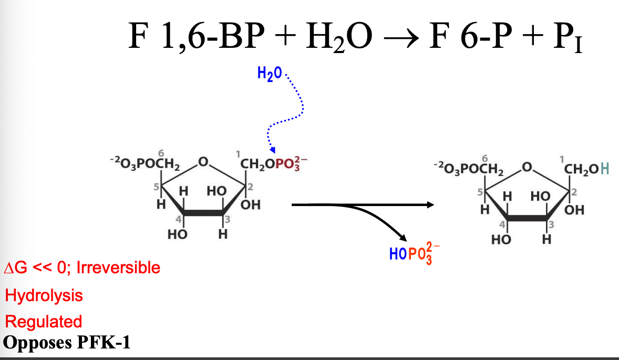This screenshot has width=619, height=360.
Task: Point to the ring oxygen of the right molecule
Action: [528, 169]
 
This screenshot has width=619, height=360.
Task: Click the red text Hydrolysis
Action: [44, 295]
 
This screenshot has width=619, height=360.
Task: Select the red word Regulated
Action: [44, 321]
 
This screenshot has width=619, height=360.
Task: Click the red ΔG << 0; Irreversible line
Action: [81, 268]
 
